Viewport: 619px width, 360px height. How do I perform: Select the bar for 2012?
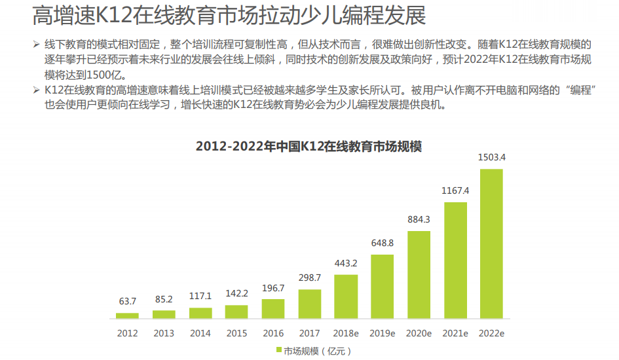127,315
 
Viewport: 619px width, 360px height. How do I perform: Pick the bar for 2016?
273,308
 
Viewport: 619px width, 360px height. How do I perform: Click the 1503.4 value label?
491,158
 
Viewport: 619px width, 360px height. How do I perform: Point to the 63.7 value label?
127,301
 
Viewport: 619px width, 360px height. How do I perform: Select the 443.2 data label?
346,263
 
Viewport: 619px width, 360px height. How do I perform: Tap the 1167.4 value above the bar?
455,190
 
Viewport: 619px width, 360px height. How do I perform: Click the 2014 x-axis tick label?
200,333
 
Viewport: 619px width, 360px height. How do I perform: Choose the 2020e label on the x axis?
419,333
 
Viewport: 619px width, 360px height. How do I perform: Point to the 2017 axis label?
310,333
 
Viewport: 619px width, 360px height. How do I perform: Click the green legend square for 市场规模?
278,351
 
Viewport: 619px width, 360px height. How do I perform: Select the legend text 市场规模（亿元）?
318,351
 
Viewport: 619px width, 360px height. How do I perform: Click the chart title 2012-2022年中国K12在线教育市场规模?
309,146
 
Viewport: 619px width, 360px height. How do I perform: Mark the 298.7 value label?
310,278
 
